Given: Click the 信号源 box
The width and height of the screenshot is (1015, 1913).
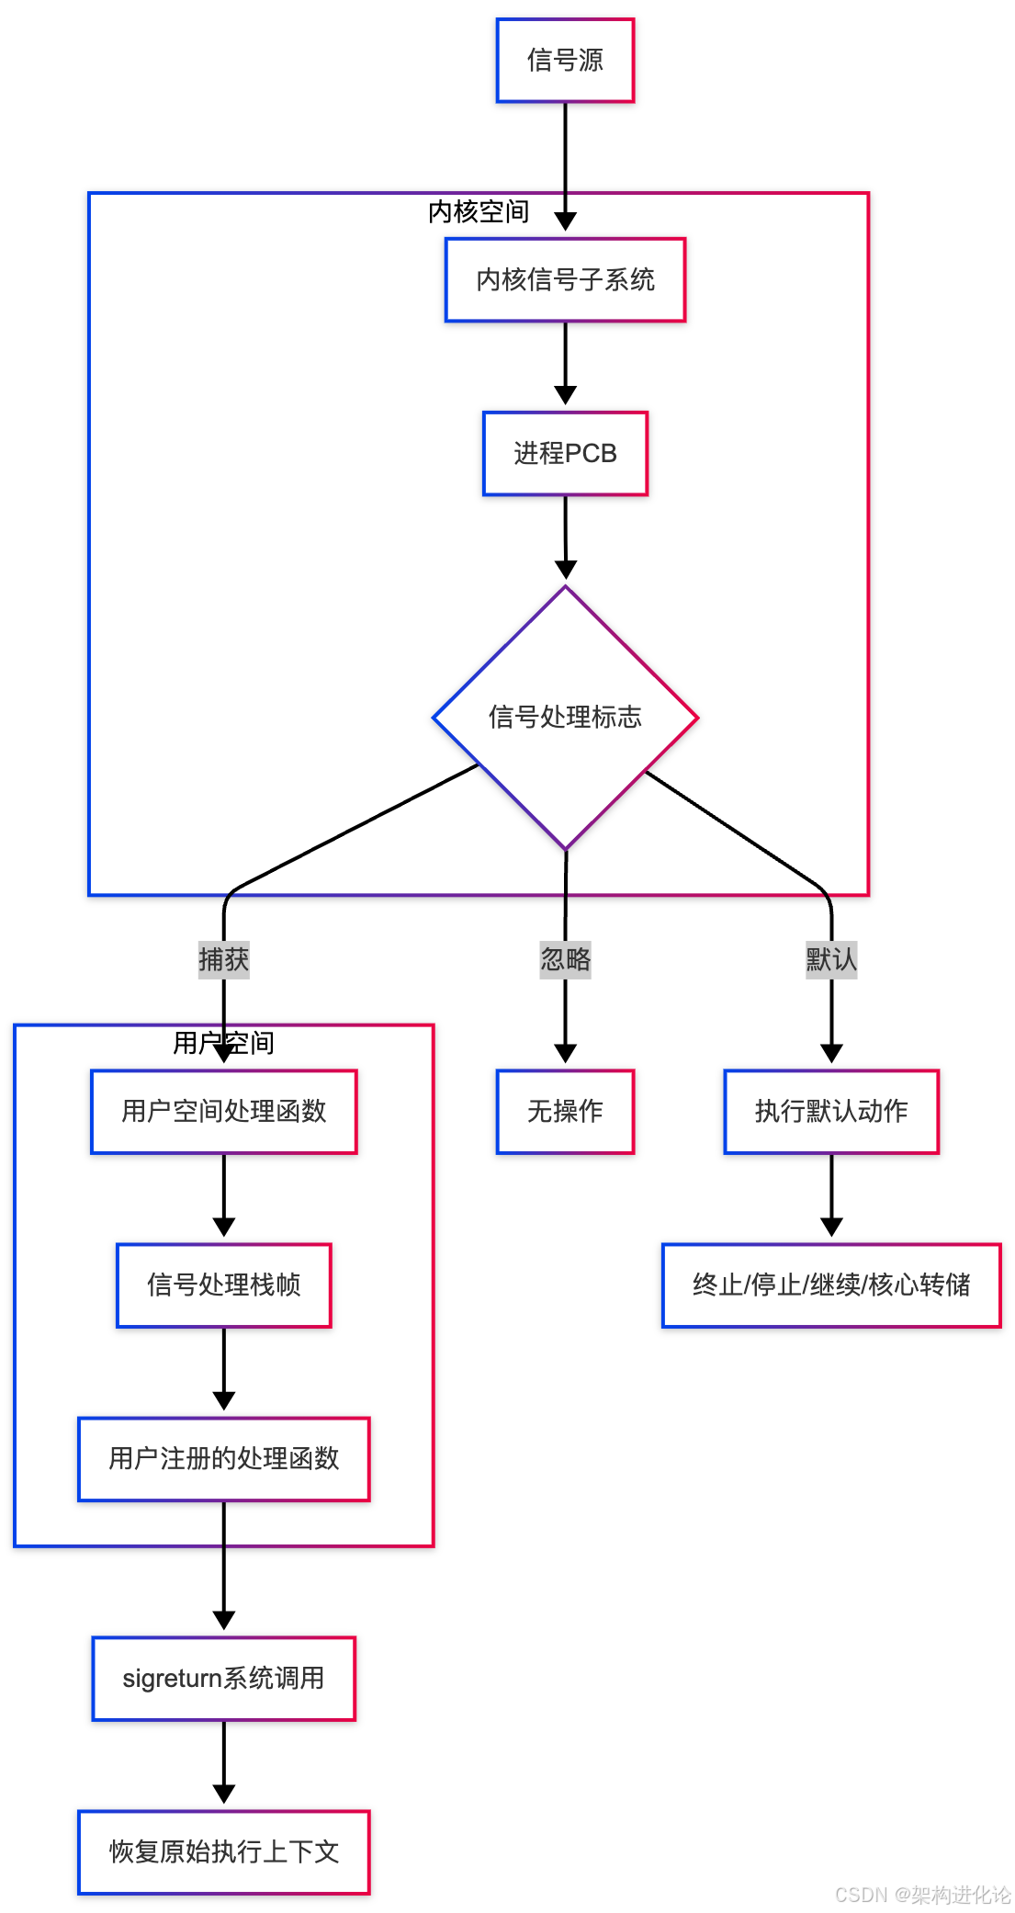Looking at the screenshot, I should coord(565,61).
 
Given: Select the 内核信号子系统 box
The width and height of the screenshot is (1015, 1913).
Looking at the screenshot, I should coord(565,280).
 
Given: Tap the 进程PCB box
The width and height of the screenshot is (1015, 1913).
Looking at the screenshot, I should coord(565,454).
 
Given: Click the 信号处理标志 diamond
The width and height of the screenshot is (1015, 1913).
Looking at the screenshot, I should coord(565,717).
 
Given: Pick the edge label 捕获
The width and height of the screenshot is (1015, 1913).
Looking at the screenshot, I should coord(223,960).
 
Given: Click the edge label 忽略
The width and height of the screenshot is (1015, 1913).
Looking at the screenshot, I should coord(565,960).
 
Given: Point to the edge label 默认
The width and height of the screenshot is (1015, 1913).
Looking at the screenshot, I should coord(831,960).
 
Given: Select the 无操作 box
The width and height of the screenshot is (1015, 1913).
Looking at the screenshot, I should coord(565,1112).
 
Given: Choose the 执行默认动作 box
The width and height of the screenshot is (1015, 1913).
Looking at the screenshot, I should coord(831,1112).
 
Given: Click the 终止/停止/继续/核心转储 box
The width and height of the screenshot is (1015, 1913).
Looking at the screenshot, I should coord(831,1285).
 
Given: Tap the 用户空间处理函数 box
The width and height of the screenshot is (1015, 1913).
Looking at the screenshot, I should coord(223,1112).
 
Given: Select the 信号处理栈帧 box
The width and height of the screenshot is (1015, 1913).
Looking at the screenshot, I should coord(223,1285).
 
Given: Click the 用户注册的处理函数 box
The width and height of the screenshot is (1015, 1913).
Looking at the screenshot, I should coord(223,1459).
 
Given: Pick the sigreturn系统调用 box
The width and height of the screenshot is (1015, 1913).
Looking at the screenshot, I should coord(223,1679).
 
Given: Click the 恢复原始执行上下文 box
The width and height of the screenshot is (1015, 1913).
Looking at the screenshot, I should coord(223,1852).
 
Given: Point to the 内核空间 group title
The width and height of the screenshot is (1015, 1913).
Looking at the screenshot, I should coord(479,212).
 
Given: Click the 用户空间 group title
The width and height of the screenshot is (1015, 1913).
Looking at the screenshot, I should coord(223,1044).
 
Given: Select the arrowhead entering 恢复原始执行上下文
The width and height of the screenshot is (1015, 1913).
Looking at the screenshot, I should coord(223,1794).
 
